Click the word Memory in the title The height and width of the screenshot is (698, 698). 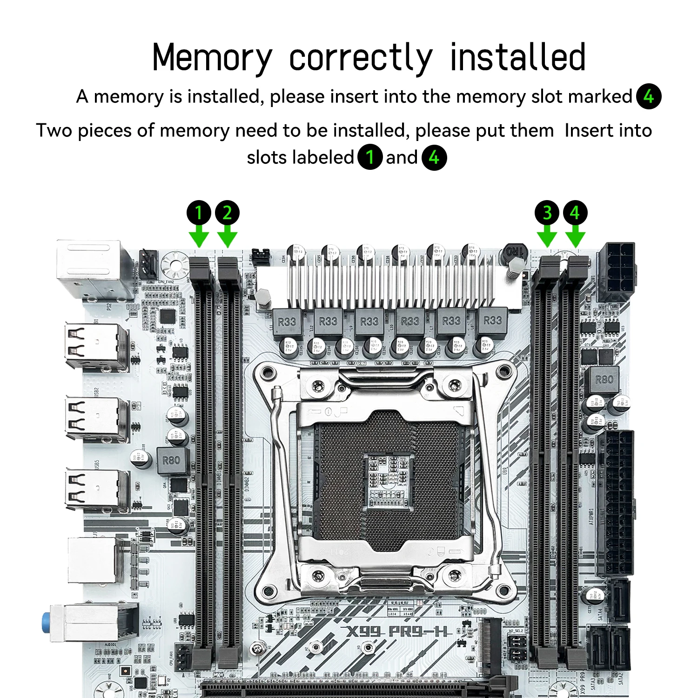coord(212,57)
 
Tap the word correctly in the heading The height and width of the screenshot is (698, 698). coord(361,58)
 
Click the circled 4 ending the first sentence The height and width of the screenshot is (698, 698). coord(649,96)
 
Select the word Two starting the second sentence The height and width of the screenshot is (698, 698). coord(54,130)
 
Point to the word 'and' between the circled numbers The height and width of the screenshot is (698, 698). coord(402,157)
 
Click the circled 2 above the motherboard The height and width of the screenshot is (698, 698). coord(227,213)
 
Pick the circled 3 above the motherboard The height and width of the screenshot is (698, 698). coord(547,213)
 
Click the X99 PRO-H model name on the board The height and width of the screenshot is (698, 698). coord(398,631)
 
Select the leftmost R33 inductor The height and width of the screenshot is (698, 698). coord(287,321)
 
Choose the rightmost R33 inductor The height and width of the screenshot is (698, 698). coord(492,320)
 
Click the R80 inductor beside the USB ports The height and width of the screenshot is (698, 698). coord(171,460)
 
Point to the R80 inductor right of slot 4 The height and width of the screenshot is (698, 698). coord(604,380)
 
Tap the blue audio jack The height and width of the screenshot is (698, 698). coord(46,623)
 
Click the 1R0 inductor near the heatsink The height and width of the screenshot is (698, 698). coord(514,253)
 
